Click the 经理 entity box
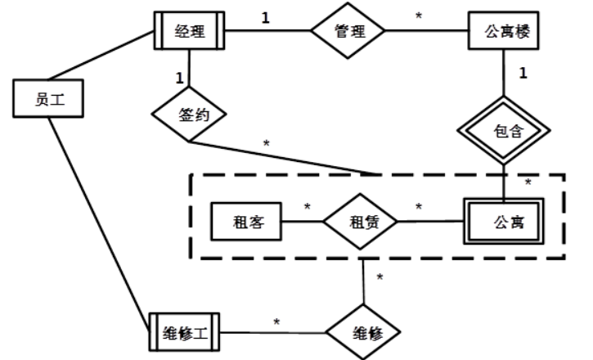point(188,33)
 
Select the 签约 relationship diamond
point(189,115)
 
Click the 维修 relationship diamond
point(363,334)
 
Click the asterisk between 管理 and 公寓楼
point(419,17)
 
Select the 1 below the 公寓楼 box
point(523,74)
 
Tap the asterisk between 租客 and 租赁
point(308,205)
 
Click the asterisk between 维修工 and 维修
point(276,322)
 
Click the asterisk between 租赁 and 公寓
point(419,207)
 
